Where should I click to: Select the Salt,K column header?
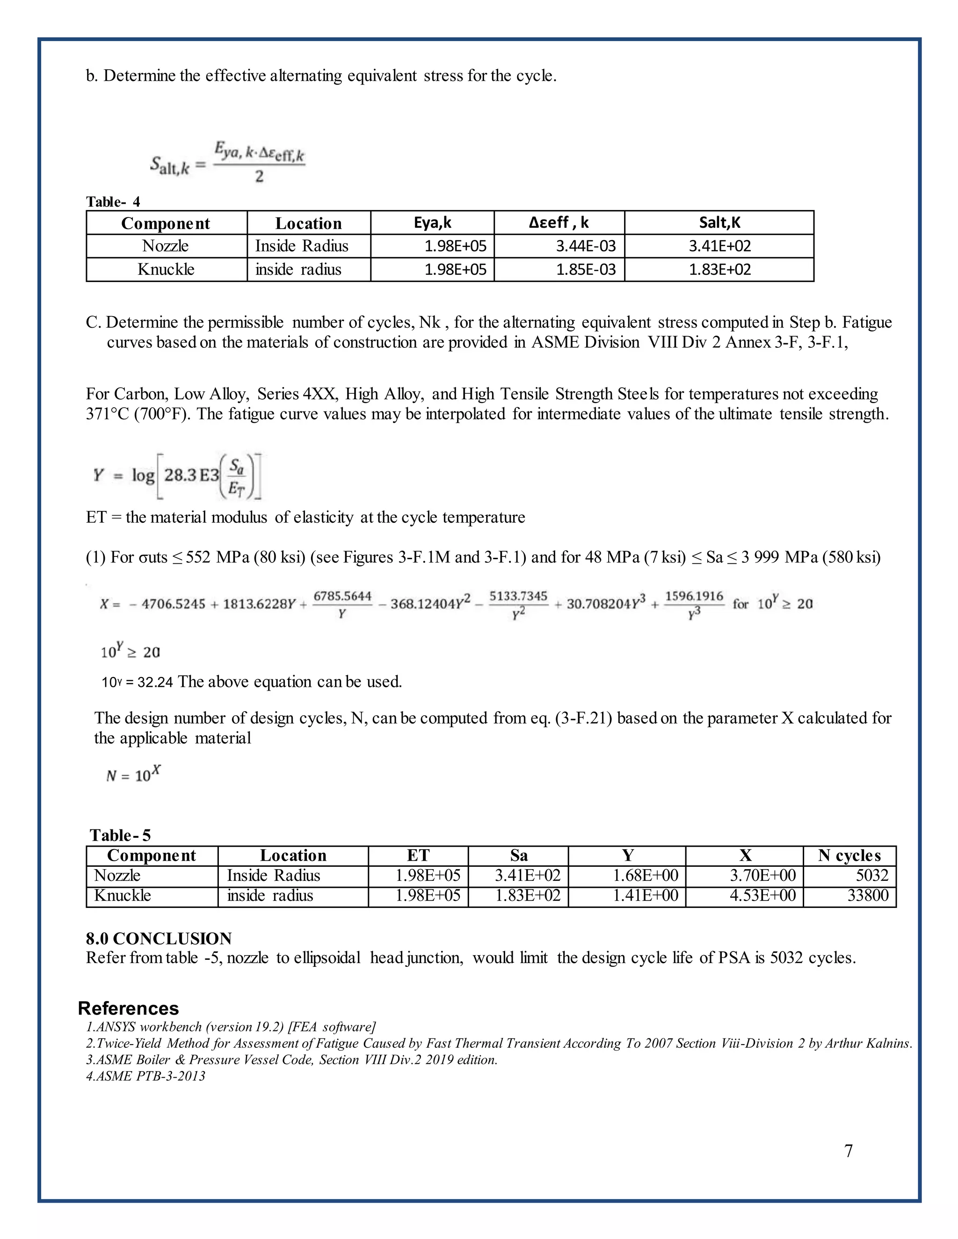click(x=719, y=223)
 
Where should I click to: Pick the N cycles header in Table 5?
click(x=849, y=856)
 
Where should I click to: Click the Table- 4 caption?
click(x=113, y=202)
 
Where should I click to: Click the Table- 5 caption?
click(x=120, y=835)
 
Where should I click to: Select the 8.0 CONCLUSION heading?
click(x=159, y=938)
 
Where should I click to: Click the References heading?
click(x=128, y=1008)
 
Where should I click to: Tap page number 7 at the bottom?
click(x=849, y=1151)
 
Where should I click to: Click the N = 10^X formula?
click(x=133, y=774)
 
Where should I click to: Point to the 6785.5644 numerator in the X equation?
click(x=342, y=596)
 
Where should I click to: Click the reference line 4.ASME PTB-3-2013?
click(x=146, y=1076)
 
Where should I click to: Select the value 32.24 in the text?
click(x=155, y=682)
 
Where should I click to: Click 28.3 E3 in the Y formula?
click(x=191, y=475)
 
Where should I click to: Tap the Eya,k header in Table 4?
click(x=433, y=223)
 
